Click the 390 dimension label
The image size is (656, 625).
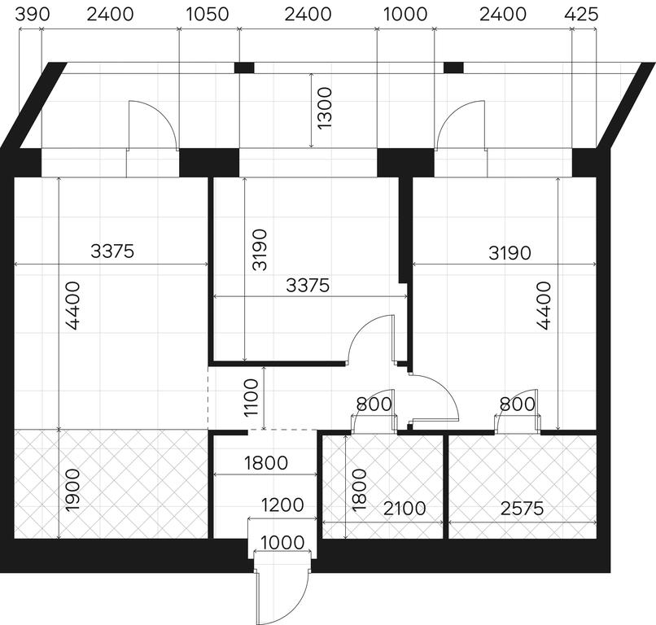pyautogui.click(x=33, y=15)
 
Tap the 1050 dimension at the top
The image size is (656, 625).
pyautogui.click(x=207, y=15)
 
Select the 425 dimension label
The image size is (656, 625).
pyautogui.click(x=581, y=15)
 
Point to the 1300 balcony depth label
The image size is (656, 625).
pyautogui.click(x=324, y=108)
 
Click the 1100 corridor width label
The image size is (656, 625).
pyautogui.click(x=251, y=398)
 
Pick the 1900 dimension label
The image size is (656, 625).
pyautogui.click(x=72, y=490)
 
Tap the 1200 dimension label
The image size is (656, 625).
pyautogui.click(x=282, y=505)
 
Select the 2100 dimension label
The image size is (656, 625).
pyautogui.click(x=405, y=509)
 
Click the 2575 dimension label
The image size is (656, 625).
pyautogui.click(x=523, y=509)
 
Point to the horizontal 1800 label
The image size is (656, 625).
pyautogui.click(x=266, y=463)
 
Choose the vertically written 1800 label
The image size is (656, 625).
pyautogui.click(x=360, y=490)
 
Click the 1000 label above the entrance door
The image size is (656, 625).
pyautogui.click(x=282, y=543)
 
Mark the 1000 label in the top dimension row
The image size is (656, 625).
pyautogui.click(x=405, y=15)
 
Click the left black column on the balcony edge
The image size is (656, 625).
pyautogui.click(x=244, y=68)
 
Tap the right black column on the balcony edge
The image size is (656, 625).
pyautogui.click(x=453, y=68)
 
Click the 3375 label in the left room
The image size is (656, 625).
pyautogui.click(x=112, y=251)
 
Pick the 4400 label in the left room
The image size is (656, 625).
pyautogui.click(x=73, y=306)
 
